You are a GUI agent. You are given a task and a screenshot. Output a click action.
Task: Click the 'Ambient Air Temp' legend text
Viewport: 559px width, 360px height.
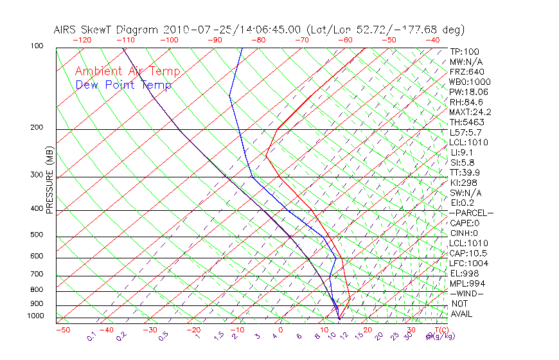tap(127, 71)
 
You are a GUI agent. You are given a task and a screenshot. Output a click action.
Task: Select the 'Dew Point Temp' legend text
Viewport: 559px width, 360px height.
tap(123, 85)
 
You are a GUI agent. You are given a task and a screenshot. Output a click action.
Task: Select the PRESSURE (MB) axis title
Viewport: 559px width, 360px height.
tap(50, 181)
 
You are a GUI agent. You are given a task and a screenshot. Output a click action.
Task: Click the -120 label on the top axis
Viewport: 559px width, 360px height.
tap(82, 39)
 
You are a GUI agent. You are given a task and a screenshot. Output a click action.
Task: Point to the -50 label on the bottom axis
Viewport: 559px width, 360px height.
tap(62, 330)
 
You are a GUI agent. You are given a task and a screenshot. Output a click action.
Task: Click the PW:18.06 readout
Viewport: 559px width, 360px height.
tap(468, 92)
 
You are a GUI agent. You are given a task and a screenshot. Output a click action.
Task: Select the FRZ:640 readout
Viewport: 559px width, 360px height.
tap(467, 71)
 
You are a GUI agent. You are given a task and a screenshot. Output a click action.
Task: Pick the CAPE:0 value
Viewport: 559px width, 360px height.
tap(465, 222)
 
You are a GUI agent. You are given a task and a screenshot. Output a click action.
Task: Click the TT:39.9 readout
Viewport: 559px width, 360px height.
tap(466, 172)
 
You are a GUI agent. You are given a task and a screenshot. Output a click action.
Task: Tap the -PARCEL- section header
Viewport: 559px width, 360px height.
tap(471, 213)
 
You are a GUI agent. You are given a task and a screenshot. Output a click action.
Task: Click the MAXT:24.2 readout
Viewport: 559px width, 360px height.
tap(471, 112)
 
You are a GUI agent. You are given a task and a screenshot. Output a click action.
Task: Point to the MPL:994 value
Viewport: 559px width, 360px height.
tap(467, 283)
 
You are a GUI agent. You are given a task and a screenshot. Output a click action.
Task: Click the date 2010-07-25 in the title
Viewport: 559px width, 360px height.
tap(191, 30)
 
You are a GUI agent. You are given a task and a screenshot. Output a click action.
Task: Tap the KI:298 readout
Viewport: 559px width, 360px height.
tap(464, 183)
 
